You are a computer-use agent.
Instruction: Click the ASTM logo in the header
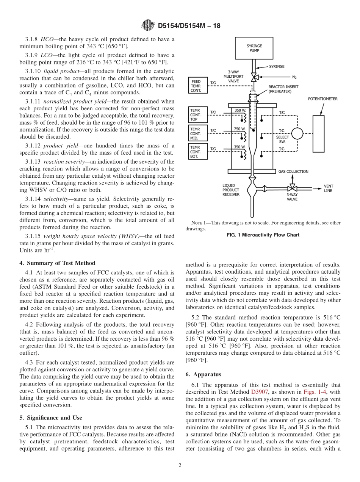148,26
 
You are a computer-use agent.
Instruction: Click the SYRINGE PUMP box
254,48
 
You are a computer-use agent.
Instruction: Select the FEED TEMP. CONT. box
197,86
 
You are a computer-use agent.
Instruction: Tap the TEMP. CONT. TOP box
198,114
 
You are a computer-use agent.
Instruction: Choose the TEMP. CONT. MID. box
198,133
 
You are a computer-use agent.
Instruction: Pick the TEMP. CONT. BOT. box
198,152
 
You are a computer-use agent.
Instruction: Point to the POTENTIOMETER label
322,99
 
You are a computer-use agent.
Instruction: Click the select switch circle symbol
297,133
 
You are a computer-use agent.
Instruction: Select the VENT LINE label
328,188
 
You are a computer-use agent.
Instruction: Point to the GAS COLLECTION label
293,171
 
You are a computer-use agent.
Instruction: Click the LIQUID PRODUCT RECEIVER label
231,190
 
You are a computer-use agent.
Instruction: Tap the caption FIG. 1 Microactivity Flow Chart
263,235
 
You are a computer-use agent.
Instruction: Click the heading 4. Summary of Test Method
57,263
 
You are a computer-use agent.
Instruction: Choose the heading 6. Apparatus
203,374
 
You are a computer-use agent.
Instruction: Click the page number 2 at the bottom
180,466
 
